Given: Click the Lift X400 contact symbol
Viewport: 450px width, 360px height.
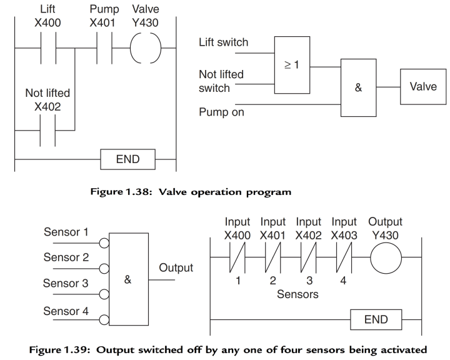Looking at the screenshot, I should coord(47,47).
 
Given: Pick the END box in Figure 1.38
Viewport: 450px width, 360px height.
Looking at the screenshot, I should coord(128,159).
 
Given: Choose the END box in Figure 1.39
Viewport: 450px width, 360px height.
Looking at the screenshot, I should coord(375,319).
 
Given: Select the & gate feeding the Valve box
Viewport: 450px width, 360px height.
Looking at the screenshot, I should coord(358,88).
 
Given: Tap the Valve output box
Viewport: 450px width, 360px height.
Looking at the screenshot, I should coord(423,87).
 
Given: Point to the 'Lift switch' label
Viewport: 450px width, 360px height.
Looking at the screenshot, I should coord(223,42).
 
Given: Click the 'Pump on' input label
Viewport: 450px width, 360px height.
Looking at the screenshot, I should coord(221,112).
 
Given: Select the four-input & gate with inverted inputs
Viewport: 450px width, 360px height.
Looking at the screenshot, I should coord(128,279).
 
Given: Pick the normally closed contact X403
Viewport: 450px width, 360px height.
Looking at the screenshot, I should coord(344,257).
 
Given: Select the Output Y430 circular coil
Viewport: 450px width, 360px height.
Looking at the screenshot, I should coord(386,257).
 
